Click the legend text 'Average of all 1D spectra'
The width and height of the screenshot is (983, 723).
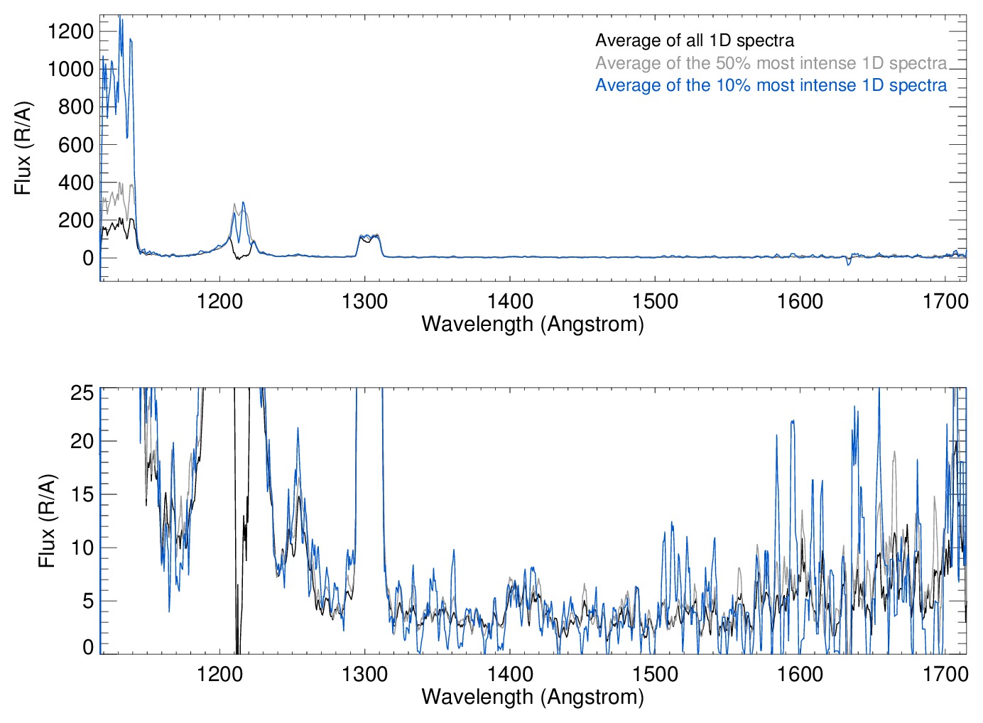(x=694, y=40)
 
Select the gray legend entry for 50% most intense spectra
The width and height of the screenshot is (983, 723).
(x=771, y=63)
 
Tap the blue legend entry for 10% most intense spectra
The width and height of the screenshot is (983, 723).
(x=771, y=85)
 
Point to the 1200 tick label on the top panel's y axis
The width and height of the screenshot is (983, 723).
(x=70, y=31)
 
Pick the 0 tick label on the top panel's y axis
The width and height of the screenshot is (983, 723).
(x=88, y=258)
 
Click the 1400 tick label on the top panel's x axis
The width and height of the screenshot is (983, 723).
(x=510, y=302)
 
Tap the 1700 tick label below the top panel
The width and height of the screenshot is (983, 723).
(x=945, y=302)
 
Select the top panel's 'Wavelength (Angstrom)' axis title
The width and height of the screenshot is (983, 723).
(x=533, y=325)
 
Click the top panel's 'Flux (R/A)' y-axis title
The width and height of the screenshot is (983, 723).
(x=23, y=148)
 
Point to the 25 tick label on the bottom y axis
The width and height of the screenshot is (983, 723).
(x=82, y=393)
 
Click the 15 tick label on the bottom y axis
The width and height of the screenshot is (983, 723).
(x=82, y=494)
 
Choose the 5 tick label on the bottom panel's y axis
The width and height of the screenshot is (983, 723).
(x=88, y=601)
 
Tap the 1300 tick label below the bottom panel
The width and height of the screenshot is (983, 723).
(x=364, y=674)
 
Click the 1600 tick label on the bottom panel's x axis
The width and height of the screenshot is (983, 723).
(x=800, y=674)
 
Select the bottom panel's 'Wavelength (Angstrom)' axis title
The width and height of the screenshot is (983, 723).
(x=533, y=697)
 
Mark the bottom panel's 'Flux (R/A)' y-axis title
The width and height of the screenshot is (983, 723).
(x=47, y=521)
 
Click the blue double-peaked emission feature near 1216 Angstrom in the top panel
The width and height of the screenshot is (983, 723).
(x=239, y=213)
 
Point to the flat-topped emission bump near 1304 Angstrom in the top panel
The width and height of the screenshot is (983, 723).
(x=369, y=238)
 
